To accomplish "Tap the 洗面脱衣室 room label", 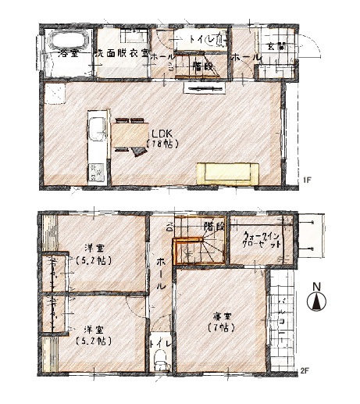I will pos(120,55).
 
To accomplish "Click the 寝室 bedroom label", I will pos(223,316).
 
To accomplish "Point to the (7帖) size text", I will pos(223,329).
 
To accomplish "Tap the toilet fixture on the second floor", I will pos(161,359).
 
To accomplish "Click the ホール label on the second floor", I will pos(160,276).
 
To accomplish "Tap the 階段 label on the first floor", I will pos(202,66).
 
